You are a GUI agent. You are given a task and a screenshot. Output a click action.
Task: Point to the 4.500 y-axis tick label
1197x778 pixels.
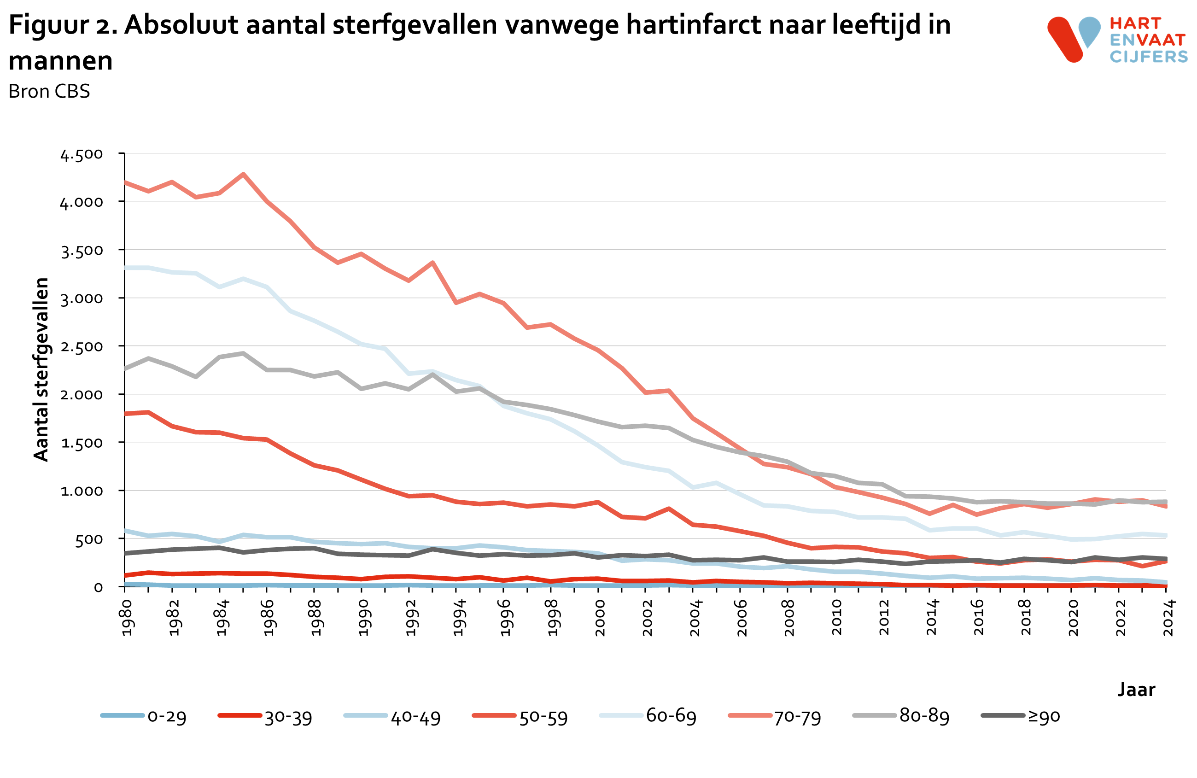pyautogui.click(x=82, y=154)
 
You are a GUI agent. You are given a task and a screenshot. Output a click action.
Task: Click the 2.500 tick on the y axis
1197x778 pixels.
pyautogui.click(x=82, y=347)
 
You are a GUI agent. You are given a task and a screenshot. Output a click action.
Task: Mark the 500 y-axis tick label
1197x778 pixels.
pyautogui.click(x=88, y=539)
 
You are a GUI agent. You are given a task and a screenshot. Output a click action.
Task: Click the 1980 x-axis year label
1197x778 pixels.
pyautogui.click(x=126, y=618)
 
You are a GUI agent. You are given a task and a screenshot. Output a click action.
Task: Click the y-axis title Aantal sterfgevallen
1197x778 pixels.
pyautogui.click(x=41, y=369)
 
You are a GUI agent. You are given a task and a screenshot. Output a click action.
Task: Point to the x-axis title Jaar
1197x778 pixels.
pyautogui.click(x=1136, y=689)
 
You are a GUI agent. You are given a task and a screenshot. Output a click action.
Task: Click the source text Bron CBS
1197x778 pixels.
pyautogui.click(x=49, y=92)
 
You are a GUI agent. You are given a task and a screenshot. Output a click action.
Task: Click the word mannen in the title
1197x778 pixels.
pyautogui.click(x=61, y=61)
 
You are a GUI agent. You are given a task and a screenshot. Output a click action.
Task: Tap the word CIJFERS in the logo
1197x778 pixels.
pyautogui.click(x=1149, y=56)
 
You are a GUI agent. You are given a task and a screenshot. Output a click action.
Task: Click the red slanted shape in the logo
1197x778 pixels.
pyautogui.click(x=1065, y=40)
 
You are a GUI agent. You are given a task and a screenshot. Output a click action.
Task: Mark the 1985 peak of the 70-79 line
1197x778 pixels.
pyautogui.click(x=244, y=175)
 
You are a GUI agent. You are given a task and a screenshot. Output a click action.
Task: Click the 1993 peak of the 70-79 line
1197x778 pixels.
pyautogui.click(x=432, y=263)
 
